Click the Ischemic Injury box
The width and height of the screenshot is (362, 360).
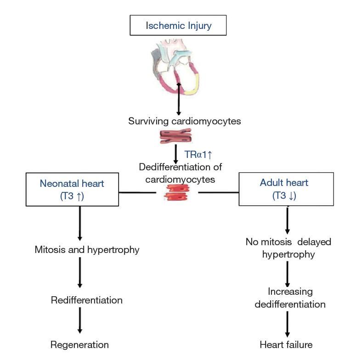click(178, 25)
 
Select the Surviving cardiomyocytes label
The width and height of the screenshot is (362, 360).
click(184, 121)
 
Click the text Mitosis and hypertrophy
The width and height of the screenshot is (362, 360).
click(87, 250)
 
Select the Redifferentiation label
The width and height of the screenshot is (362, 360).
click(87, 300)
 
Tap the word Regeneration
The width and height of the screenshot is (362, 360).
click(79, 344)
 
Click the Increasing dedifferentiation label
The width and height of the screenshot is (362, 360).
click(290, 298)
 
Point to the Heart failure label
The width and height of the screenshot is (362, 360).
click(286, 344)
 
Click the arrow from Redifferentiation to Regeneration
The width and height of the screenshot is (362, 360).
click(80, 321)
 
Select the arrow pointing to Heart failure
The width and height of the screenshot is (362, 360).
click(288, 324)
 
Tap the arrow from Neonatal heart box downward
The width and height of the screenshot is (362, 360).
click(80, 223)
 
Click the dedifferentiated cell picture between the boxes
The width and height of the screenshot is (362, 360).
click(177, 193)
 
